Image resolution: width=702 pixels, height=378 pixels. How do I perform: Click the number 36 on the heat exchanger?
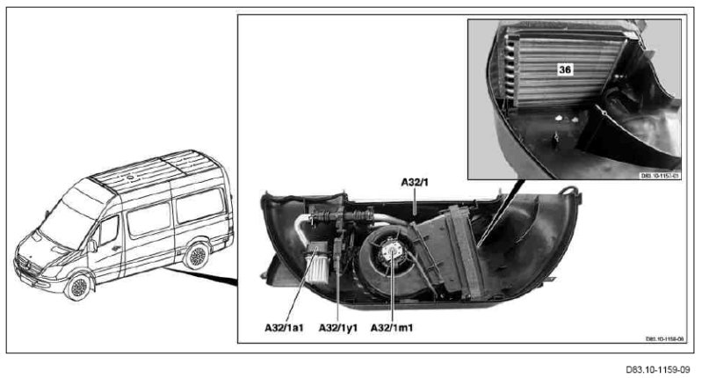(565, 68)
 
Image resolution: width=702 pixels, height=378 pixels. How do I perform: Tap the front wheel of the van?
(78, 287)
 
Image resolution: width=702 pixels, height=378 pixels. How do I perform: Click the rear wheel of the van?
(194, 255)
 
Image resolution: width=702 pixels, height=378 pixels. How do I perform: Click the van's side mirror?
(92, 245)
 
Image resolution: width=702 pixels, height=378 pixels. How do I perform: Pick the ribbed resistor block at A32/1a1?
(315, 263)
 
